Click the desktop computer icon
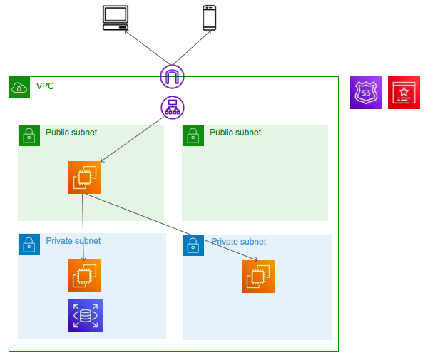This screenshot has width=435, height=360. tap(114, 18)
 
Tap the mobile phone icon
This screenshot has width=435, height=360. tap(209, 18)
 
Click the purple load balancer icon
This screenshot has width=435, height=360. tap(172, 108)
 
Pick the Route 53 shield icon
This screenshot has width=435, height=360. tap(366, 93)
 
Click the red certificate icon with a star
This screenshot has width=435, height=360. tap(404, 93)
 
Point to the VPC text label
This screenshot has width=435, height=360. tap(45, 86)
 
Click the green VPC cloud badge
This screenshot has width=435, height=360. tap(19, 88)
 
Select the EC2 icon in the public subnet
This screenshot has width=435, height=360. tap(86, 178)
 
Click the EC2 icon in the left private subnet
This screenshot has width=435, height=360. tap(85, 275)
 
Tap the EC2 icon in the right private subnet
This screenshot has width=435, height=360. tap(258, 277)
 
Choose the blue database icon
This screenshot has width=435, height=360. tap(86, 315)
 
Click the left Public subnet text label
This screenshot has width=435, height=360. tap(71, 133)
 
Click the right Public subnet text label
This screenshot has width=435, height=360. tap(235, 133)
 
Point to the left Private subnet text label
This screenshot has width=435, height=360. tap(73, 241)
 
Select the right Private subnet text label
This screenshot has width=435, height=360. tap(239, 242)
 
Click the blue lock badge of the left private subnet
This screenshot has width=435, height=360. tap(29, 244)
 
